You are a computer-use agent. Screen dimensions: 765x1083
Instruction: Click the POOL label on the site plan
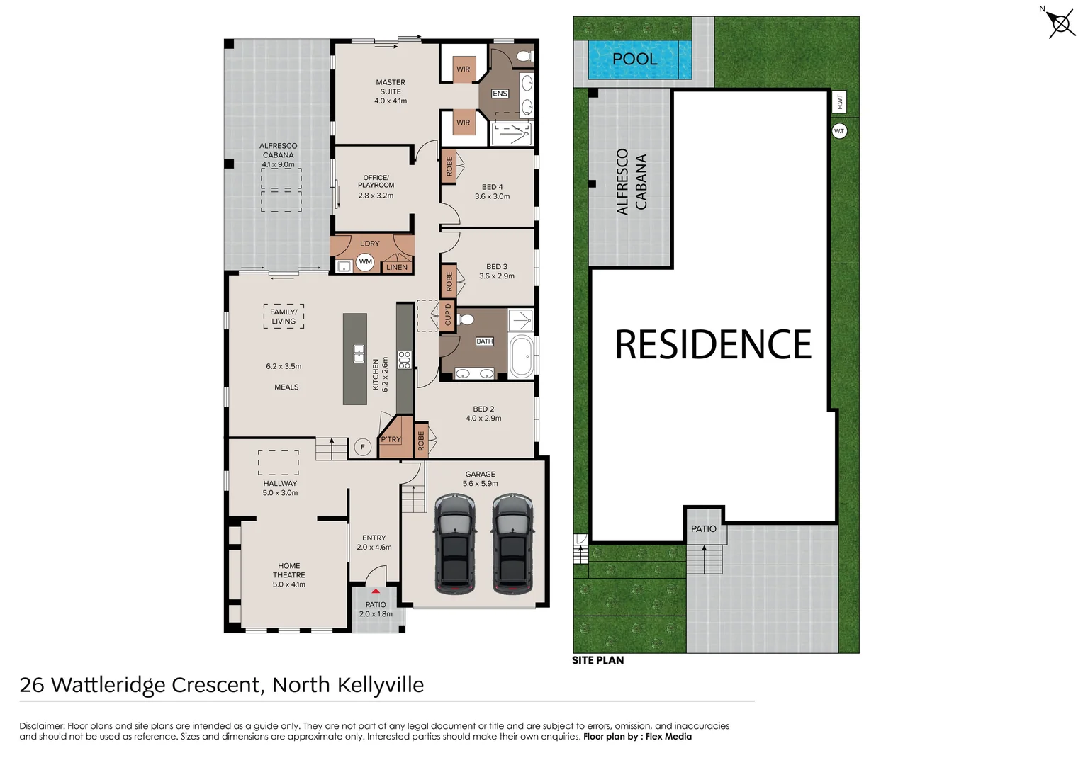634,59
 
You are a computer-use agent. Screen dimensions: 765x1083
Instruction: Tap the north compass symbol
1060,24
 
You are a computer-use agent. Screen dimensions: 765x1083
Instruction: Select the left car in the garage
455,544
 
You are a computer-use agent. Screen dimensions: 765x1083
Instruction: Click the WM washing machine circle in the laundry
365,262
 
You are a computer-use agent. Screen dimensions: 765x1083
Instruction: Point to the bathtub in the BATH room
522,357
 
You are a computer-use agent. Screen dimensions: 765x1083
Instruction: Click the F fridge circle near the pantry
363,447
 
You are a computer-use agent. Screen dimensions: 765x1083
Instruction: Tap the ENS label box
500,93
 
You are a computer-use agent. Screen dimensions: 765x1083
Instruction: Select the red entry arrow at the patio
376,591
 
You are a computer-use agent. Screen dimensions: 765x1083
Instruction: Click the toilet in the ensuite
524,55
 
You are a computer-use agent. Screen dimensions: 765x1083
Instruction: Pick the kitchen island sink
359,353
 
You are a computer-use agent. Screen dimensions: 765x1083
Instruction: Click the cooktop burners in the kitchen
405,360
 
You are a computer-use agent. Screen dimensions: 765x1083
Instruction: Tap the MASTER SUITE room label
391,91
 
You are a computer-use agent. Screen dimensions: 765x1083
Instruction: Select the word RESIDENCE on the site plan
713,345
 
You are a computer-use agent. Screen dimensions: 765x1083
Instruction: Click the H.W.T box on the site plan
839,102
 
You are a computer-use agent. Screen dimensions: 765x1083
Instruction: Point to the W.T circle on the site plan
839,131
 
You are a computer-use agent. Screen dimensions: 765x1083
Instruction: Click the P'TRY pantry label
391,440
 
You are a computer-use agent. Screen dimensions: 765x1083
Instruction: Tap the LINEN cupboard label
397,267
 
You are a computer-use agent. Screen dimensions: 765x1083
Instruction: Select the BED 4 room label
492,191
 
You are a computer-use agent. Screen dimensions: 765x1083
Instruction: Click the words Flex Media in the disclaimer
668,737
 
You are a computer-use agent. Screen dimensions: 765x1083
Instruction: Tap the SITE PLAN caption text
598,660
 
